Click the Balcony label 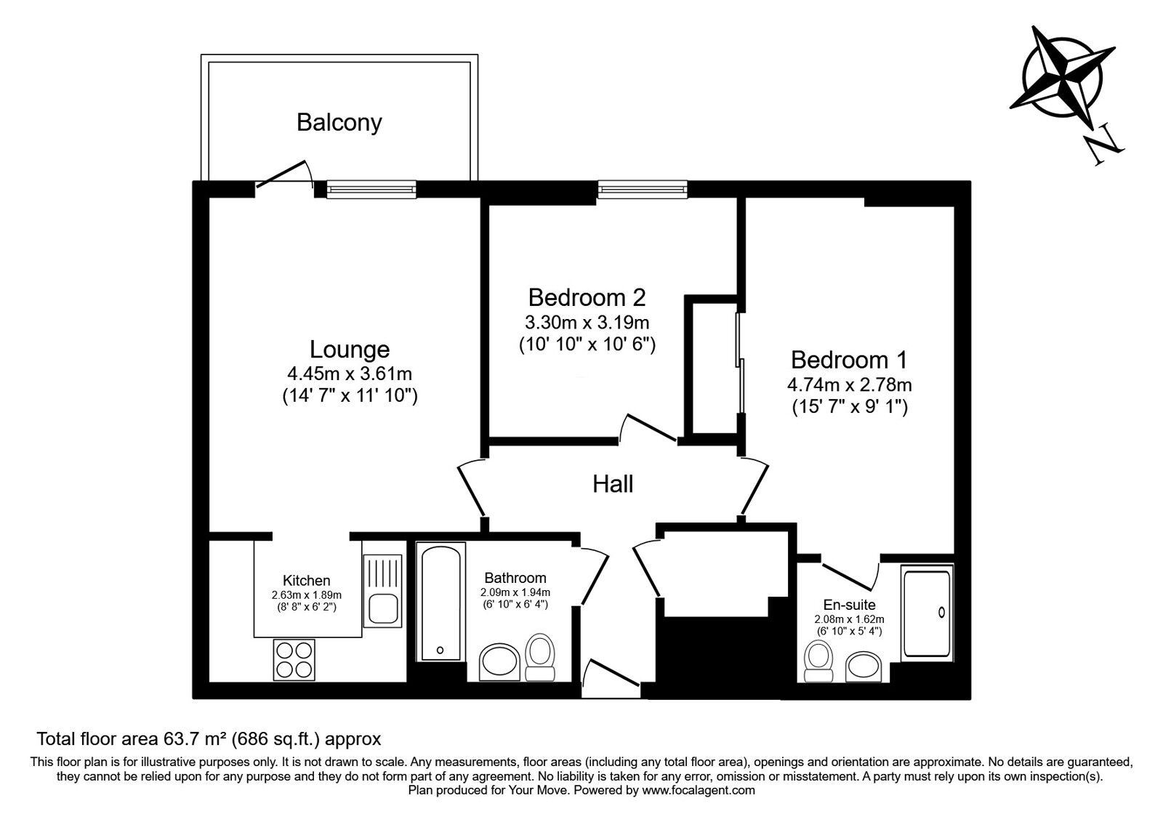pos(339,123)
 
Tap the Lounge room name pos(350,350)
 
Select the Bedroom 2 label pos(587,297)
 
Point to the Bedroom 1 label pos(849,360)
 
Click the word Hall pos(613,484)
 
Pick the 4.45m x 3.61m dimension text pos(350,374)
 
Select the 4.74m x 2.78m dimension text pos(850,384)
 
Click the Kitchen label pos(306,581)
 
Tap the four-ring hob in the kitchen pos(294,659)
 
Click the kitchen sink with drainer pos(382,591)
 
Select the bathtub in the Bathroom pos(440,602)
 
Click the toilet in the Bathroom pos(540,657)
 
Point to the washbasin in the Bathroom pos(499,662)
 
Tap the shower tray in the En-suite pos(927,613)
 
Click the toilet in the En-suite pos(818,661)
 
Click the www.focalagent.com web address pos(699,791)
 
